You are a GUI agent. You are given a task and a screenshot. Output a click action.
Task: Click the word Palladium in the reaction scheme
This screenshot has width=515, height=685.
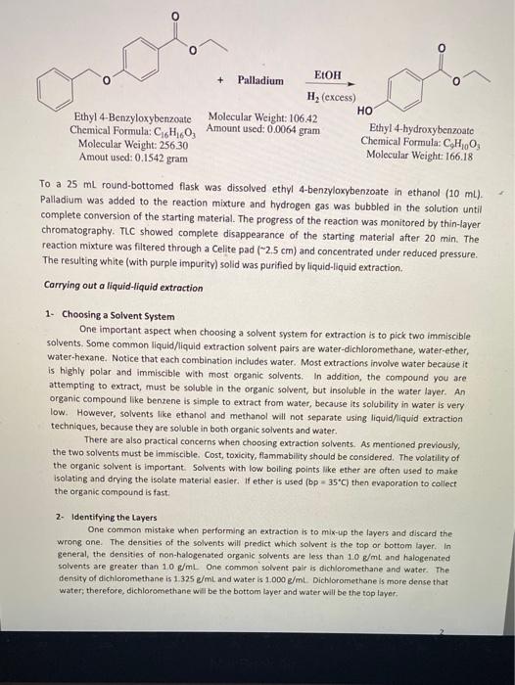coord(258,80)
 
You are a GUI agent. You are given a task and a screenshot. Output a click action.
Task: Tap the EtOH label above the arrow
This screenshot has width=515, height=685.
coord(327,74)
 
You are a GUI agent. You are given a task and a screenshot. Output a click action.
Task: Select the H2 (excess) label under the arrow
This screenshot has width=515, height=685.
coord(330,98)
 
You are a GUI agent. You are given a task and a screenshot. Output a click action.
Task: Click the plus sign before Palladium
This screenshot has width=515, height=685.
coord(220,80)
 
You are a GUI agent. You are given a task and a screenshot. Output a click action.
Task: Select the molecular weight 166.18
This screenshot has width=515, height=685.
coord(445,156)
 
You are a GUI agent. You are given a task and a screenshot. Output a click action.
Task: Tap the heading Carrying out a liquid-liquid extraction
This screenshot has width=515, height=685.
coord(121,285)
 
